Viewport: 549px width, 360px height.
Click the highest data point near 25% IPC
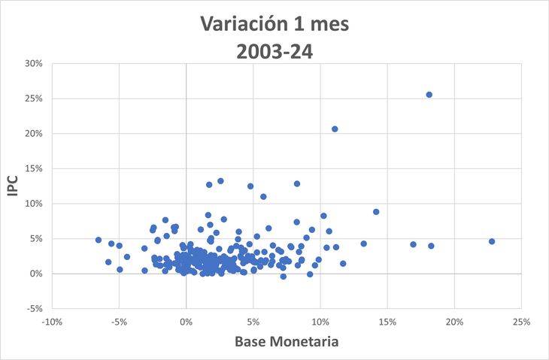pos(429,95)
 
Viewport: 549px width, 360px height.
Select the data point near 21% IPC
pos(335,129)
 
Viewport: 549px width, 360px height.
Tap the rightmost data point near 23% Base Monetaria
pos(492,241)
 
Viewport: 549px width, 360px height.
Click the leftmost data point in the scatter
pos(99,240)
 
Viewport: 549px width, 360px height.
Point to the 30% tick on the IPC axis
pos(32,63)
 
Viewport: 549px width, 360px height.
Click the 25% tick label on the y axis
pos(32,98)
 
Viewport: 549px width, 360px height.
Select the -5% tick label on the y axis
pos(32,309)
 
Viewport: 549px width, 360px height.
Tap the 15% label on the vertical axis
pos(32,168)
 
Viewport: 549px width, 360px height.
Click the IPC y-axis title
pos(13,186)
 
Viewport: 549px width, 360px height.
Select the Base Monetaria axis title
pos(287,342)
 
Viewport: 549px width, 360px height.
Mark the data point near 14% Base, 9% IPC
pos(376,212)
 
